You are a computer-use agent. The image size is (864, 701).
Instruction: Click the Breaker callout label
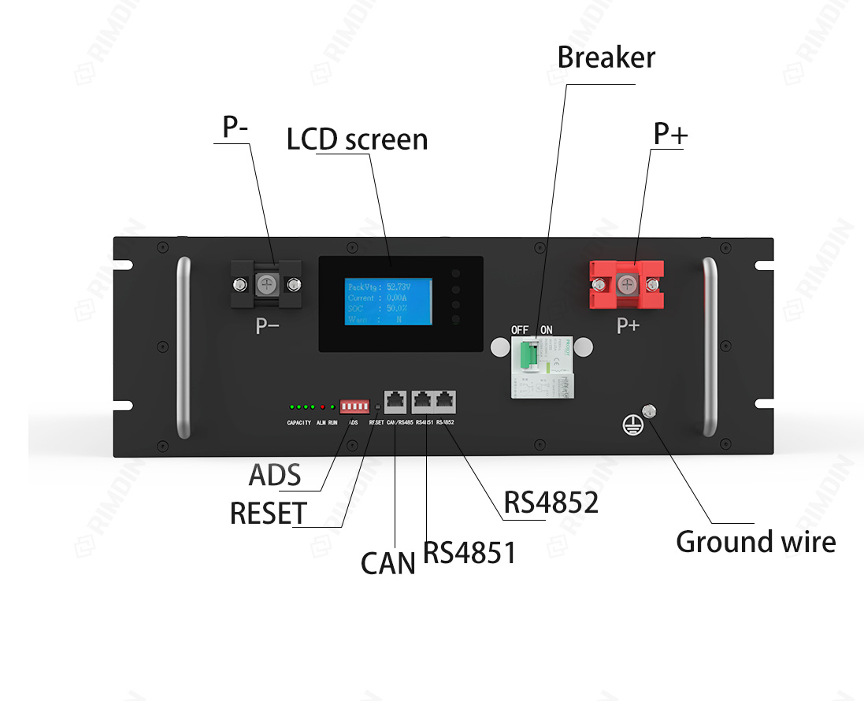click(606, 57)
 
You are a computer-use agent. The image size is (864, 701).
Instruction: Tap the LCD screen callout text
click(357, 139)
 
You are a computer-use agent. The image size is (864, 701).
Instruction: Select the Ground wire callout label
click(755, 542)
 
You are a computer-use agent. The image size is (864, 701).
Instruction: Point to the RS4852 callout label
click(551, 502)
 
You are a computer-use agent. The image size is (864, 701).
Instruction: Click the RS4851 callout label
click(469, 552)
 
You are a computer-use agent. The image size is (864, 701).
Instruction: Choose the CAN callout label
click(388, 563)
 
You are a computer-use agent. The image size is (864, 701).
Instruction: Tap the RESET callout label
click(268, 514)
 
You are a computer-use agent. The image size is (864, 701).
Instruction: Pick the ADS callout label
click(275, 475)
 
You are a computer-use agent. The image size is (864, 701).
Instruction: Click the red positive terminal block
click(627, 285)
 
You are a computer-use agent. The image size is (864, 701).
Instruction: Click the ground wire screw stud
click(650, 410)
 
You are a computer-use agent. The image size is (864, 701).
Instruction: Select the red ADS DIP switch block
click(354, 406)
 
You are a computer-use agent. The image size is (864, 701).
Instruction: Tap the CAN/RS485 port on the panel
click(395, 402)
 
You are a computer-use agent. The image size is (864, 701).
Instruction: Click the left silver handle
click(184, 347)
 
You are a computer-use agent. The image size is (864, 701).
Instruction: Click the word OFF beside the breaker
click(519, 329)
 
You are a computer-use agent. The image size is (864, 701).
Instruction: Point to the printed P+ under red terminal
click(628, 325)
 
